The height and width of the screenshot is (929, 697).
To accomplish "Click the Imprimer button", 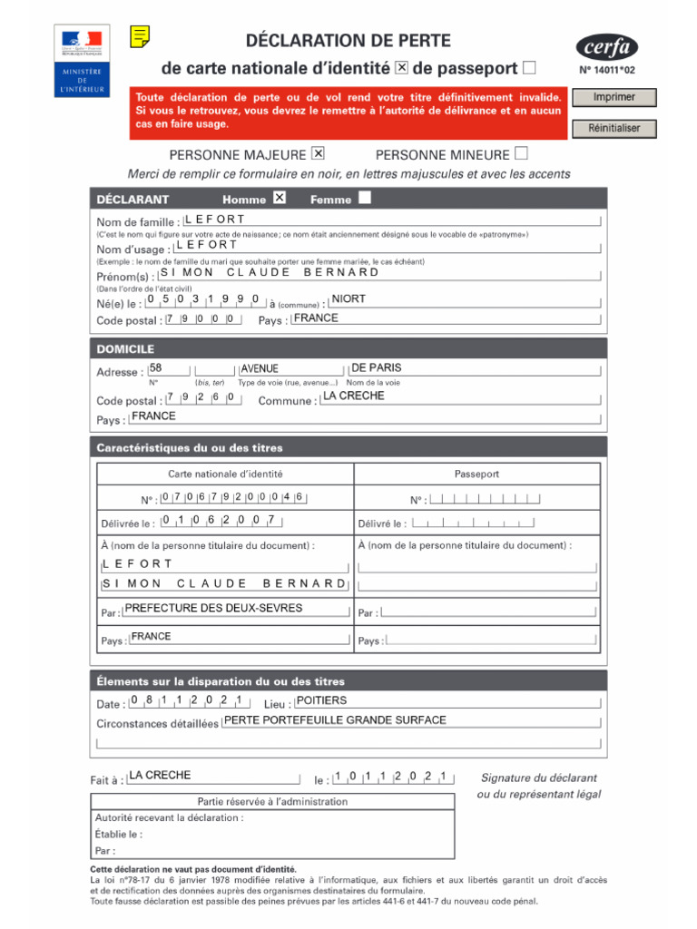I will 614,97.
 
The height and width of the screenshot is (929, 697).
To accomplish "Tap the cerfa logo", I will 607,46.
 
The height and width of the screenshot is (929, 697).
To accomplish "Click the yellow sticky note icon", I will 140,36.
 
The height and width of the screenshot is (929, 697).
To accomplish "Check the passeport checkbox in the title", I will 530,67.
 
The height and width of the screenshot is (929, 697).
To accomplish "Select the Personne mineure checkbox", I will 521,152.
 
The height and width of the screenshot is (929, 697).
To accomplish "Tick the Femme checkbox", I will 364,198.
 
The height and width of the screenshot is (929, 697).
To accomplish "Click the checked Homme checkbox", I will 280,198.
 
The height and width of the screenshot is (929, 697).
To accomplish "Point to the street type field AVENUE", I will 291,369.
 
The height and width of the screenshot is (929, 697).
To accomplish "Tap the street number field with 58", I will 169,368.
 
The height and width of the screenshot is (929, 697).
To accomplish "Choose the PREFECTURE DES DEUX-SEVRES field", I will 235,609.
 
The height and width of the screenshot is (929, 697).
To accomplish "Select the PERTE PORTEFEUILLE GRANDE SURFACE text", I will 335,720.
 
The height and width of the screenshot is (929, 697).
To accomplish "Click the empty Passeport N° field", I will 485,498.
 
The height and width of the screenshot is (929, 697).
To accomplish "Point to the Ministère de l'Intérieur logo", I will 83,62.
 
